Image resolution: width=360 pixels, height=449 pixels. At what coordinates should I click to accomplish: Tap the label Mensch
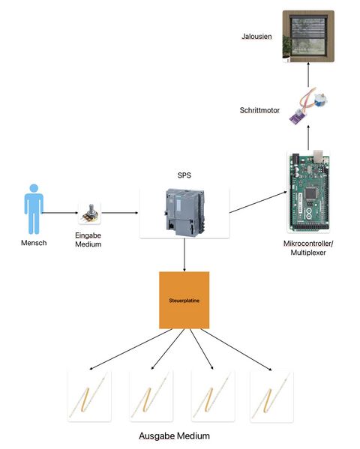tap(34, 242)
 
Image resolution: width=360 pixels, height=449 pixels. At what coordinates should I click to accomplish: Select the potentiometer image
tap(91, 214)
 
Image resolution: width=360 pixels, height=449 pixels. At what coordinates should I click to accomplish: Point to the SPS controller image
tap(184, 213)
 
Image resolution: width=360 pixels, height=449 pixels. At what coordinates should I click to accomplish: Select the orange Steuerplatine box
tap(184, 300)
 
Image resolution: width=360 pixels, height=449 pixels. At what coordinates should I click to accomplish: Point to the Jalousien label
tap(257, 37)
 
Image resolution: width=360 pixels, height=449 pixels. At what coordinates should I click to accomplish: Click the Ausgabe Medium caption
tap(174, 436)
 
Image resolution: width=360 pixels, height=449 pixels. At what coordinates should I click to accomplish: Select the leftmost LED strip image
tap(89, 395)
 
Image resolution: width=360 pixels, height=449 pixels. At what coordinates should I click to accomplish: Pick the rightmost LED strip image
tap(271, 395)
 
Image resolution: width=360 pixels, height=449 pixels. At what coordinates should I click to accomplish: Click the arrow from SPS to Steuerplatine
tap(184, 255)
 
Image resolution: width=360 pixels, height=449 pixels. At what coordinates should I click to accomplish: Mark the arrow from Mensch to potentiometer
tap(61, 213)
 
